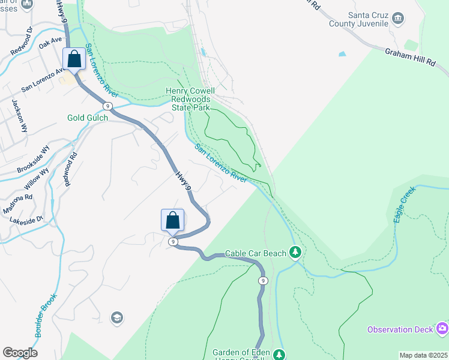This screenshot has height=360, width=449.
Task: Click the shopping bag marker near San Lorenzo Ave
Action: (74, 59)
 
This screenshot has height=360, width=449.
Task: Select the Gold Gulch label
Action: (88, 118)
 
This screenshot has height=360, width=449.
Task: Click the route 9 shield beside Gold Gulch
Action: (107, 106)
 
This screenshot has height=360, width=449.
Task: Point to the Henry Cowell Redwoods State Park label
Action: (190, 99)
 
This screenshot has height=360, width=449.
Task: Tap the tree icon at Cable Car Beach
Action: (295, 252)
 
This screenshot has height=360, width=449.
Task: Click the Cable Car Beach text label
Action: (255, 254)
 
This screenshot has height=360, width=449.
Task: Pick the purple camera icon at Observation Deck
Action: (443, 328)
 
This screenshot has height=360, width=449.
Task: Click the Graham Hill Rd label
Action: (411, 58)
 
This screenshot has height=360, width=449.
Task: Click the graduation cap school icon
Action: (117, 317)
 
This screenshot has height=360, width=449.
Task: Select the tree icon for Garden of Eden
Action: (279, 354)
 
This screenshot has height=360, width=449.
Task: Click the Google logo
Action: (20, 353)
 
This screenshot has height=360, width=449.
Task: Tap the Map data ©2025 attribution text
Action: (423, 355)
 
